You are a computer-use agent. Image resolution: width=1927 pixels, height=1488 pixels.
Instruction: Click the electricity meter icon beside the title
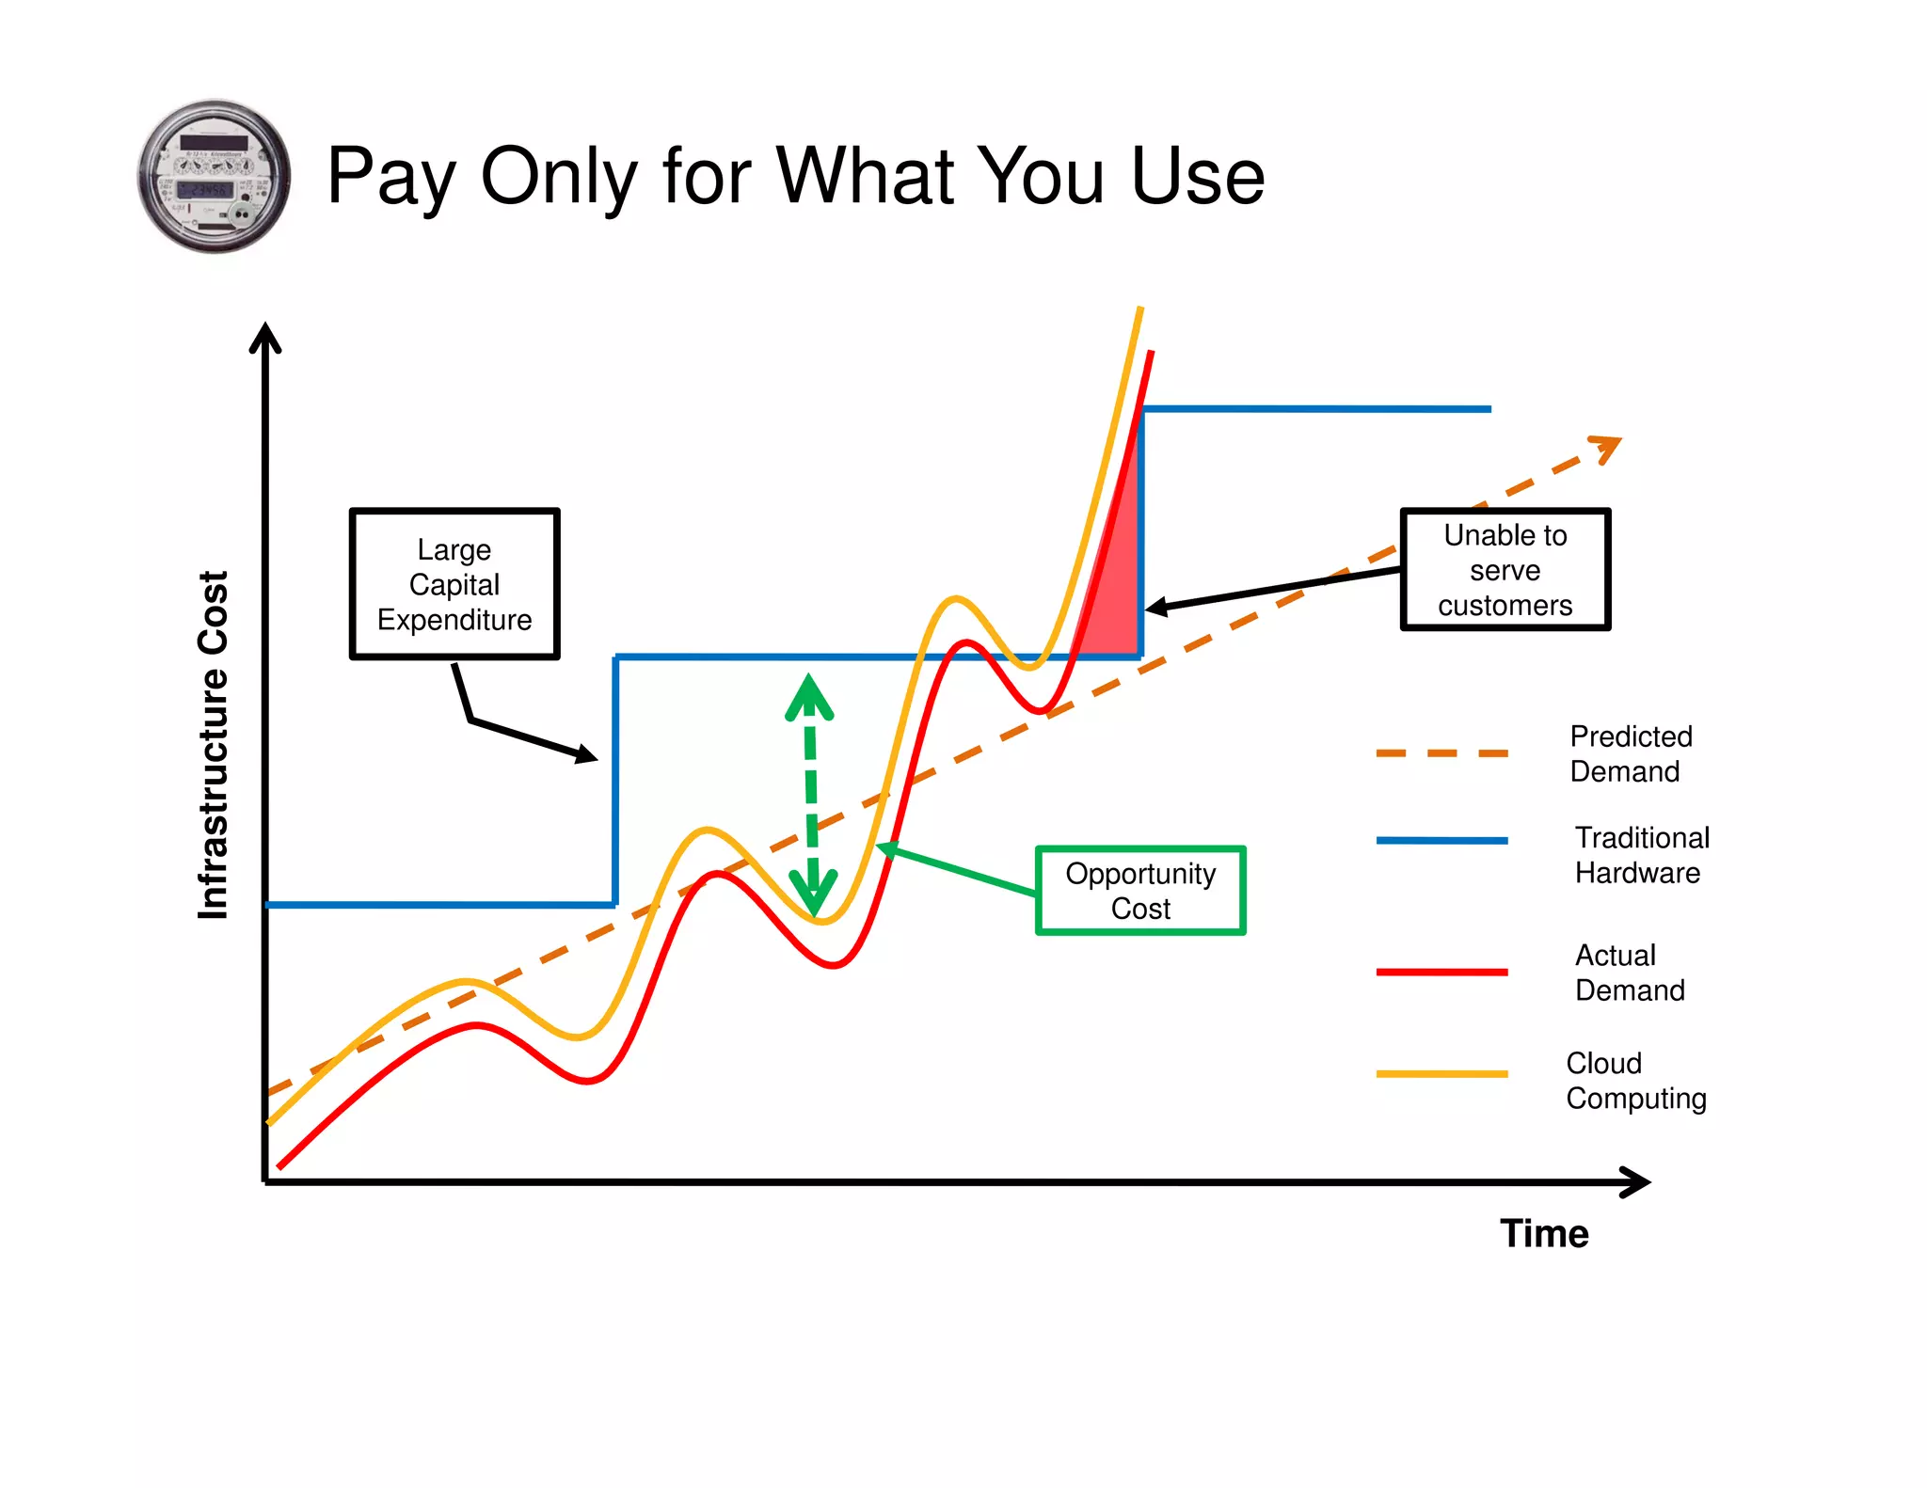point(215,176)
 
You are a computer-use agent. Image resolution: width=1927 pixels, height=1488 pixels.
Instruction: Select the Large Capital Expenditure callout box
point(454,584)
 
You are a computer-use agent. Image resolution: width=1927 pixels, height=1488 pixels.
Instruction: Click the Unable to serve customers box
point(1505,570)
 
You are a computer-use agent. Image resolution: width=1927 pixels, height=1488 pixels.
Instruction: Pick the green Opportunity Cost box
point(1140,891)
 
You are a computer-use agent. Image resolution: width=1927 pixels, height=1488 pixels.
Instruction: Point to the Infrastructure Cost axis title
point(214,745)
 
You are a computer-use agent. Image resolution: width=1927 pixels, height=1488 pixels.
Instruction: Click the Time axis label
point(1544,1233)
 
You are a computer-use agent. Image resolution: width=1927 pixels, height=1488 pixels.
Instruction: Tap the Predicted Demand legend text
point(1631,753)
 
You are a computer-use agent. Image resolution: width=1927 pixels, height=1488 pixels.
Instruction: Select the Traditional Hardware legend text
point(1642,855)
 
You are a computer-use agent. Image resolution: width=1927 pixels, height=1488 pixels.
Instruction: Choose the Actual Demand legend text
point(1630,973)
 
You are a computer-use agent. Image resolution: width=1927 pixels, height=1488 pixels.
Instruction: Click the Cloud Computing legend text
point(1635,1081)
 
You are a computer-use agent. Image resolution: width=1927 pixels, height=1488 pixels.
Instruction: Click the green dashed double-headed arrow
point(810,795)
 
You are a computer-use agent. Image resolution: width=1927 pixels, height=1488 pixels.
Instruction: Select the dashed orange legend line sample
point(1441,753)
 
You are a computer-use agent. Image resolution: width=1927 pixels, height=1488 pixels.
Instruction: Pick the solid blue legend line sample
point(1441,841)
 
